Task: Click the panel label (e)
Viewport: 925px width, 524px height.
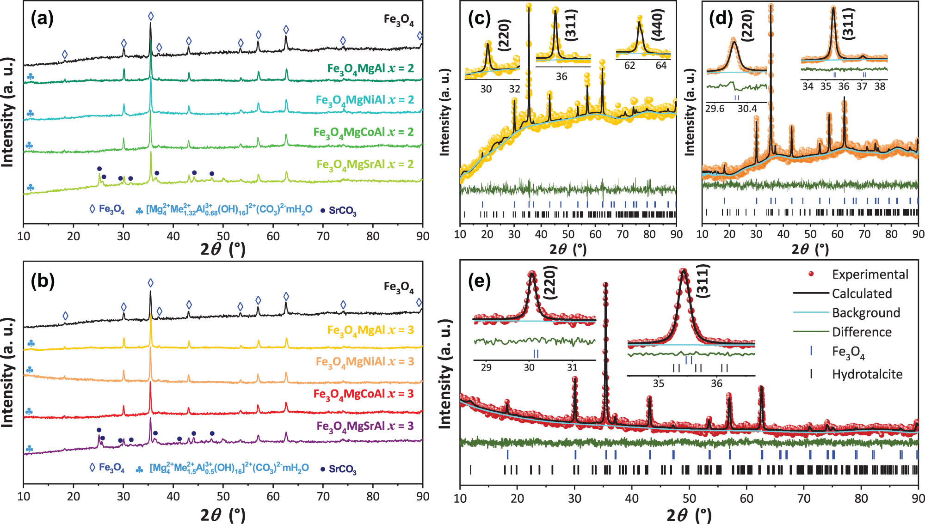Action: point(479,280)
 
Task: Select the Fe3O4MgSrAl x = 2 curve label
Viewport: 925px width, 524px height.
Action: point(365,165)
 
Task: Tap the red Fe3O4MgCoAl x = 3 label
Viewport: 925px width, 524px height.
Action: point(363,394)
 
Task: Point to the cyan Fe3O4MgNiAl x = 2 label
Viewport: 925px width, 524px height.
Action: point(364,100)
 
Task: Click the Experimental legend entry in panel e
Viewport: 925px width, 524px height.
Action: point(869,274)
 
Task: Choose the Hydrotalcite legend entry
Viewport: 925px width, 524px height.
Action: point(867,374)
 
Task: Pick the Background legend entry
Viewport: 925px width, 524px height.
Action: point(866,313)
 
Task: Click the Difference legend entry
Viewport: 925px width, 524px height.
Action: point(862,332)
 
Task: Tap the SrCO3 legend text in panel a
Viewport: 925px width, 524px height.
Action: point(342,211)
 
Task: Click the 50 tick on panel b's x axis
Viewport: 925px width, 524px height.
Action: point(223,497)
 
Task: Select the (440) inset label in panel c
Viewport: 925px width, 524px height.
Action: point(657,25)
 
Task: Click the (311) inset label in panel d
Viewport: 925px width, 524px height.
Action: point(848,24)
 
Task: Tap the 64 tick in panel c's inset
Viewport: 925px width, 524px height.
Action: point(661,66)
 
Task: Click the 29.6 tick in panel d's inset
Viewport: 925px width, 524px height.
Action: point(715,109)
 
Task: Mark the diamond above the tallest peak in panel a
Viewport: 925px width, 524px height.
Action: point(151,17)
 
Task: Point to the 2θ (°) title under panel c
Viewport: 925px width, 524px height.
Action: point(568,250)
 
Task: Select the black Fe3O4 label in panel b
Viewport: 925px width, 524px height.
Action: point(398,287)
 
